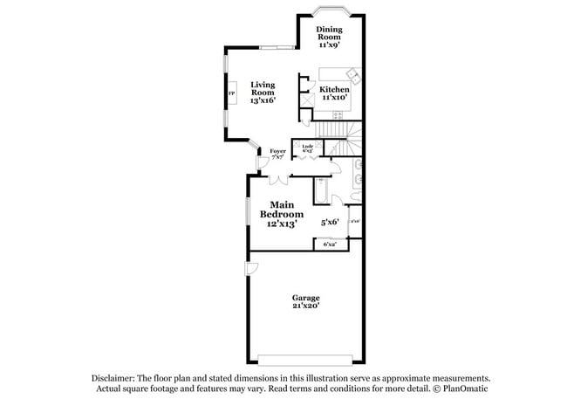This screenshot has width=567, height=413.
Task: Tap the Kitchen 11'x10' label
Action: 334,93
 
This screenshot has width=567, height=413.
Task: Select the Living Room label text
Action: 263,92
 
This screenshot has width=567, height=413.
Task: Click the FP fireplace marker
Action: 231,93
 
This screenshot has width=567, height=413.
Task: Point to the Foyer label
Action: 277,155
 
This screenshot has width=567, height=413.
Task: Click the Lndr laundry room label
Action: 308,148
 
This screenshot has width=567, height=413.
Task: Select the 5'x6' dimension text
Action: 329,223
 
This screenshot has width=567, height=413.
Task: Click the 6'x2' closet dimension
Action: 330,244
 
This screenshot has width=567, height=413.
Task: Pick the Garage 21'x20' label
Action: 305,301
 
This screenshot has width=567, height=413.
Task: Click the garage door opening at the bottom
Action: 305,358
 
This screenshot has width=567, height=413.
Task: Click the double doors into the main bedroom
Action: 280,180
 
